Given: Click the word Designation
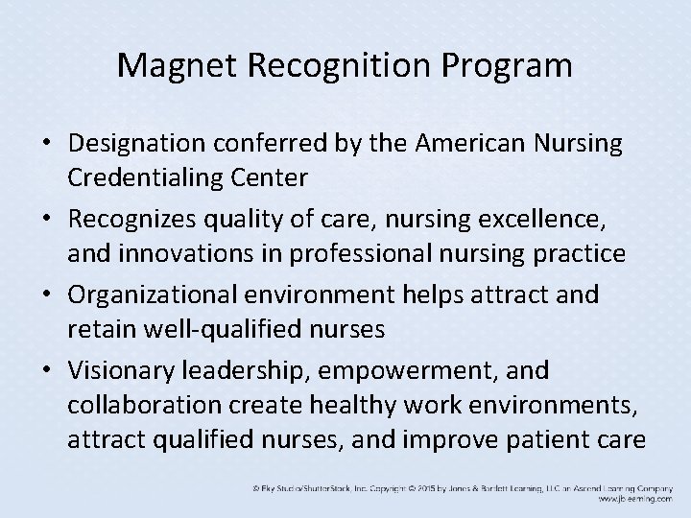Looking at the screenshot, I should click(x=137, y=144).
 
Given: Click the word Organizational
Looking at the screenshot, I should click(x=155, y=294).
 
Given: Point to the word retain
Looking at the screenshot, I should click(x=96, y=329).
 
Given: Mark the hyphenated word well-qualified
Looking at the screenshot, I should click(x=207, y=329).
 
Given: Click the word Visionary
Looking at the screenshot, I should click(x=118, y=368).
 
